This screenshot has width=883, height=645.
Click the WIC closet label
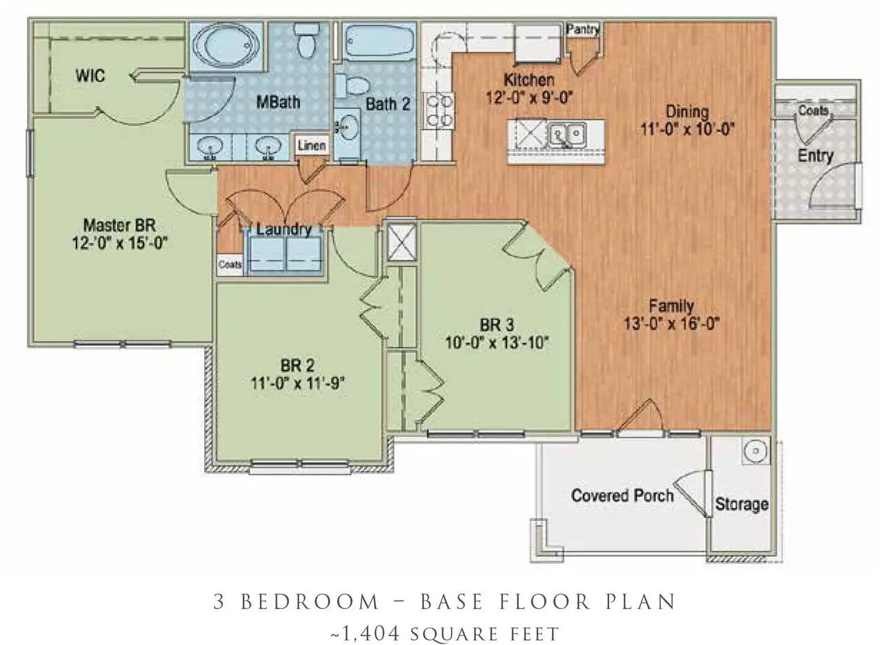(x=90, y=76)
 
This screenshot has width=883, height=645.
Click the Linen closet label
(x=312, y=146)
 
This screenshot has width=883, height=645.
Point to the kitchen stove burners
(x=439, y=110)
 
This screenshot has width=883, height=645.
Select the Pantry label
(x=583, y=29)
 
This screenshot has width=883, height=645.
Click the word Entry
(x=815, y=156)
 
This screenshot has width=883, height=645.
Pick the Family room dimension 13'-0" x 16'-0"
(x=672, y=323)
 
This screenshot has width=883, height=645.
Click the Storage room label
(x=742, y=504)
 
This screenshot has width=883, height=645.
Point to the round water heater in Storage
(x=756, y=451)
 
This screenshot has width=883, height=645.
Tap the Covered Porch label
(x=622, y=495)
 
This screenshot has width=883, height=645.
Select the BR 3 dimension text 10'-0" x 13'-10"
(x=496, y=342)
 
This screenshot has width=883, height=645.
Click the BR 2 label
(x=298, y=366)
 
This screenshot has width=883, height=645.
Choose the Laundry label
(x=284, y=230)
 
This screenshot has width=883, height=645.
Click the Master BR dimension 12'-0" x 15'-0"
(x=120, y=243)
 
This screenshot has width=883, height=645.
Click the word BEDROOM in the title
(x=309, y=602)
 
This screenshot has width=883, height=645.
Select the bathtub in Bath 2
(x=379, y=41)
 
